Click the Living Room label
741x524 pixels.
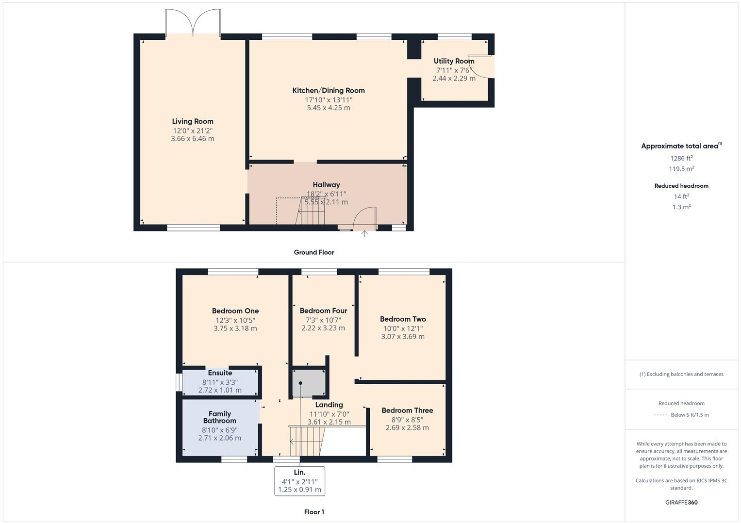pos(193,121)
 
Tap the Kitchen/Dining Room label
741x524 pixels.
pos(329,91)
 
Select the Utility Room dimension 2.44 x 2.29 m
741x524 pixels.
pos(454,78)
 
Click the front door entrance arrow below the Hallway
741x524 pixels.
pos(364,234)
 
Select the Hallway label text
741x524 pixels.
pos(326,185)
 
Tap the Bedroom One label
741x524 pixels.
pos(235,311)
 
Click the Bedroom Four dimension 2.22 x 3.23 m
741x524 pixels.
pos(323,328)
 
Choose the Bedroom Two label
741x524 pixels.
pos(403,319)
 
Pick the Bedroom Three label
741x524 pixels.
pos(407,410)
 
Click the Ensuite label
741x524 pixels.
pos(220,373)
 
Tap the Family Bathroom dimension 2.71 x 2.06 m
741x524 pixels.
pos(219,438)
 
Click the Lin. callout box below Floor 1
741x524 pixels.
pos(299,481)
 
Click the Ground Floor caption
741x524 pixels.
pos(314,252)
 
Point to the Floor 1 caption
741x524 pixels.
pos(314,512)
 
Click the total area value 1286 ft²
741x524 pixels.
pos(681,158)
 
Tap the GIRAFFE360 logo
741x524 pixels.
pos(681,502)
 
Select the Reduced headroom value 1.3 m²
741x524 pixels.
pos(681,207)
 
